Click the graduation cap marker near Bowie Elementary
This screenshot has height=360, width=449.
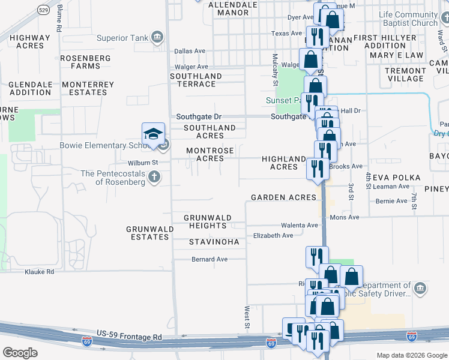click(153, 134)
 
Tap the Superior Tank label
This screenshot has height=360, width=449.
click(122, 38)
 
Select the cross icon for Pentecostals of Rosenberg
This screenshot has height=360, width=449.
click(154, 176)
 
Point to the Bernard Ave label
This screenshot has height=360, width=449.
click(209, 259)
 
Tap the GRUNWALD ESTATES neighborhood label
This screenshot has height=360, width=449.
click(150, 233)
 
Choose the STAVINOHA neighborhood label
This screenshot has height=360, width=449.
click(214, 242)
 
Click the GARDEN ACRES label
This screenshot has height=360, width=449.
click(283, 197)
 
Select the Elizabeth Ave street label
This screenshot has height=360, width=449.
click(273, 235)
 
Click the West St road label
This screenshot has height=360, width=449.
click(247, 317)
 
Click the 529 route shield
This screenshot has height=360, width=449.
click(43, 10)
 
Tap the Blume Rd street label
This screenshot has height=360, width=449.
click(59, 20)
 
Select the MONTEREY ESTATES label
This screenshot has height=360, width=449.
click(88, 88)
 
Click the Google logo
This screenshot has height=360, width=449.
click(20, 352)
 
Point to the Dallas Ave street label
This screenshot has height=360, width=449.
click(191, 52)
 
